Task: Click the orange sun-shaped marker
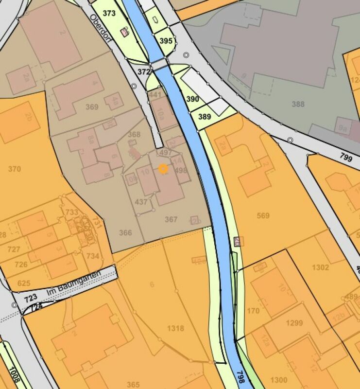point(163,169)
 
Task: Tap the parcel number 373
point(109,14)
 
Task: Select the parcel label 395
point(166,41)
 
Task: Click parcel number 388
point(298,104)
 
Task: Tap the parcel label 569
point(263,215)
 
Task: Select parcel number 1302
point(321,267)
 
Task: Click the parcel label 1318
point(175,328)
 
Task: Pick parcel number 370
point(15,169)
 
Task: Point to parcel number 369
point(92,107)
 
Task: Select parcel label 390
point(193,99)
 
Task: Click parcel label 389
point(205,117)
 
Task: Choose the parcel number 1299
point(294,323)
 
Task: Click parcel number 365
point(133,385)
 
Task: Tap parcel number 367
point(171,219)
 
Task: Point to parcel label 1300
point(279,380)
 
